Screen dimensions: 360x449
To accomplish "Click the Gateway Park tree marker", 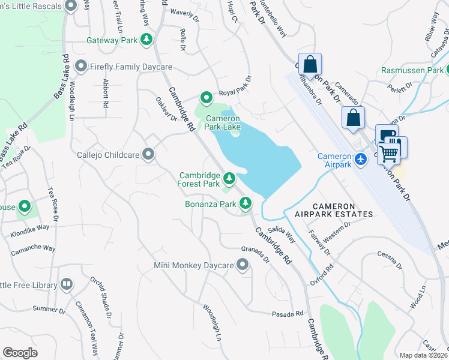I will coord(146,40).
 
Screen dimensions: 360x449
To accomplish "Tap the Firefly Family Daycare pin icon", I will coord(81,66).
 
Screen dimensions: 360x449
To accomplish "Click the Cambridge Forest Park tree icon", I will coord(229,178).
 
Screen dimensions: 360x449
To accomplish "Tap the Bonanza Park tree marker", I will coord(245,204).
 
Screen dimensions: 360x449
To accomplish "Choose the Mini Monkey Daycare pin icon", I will coord(243,265).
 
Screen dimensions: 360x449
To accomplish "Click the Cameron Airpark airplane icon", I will coord(360,159).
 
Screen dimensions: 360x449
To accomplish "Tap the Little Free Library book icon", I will coord(66,284).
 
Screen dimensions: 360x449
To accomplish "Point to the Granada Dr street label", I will coord(255,253).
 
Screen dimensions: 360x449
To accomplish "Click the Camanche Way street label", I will coord(32,248).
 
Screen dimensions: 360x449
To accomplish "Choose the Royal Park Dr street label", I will coord(235,86).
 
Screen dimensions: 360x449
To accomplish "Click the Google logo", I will coord(20,353).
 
